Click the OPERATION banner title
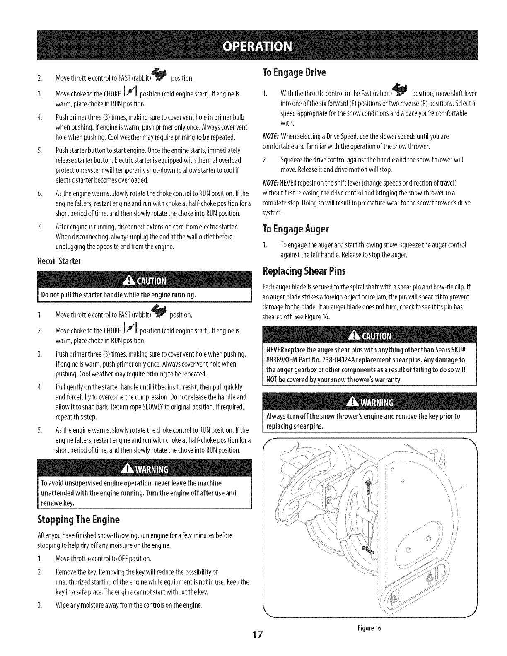pos(253,45)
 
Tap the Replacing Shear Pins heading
pos(304,271)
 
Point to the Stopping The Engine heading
pos(79,519)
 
